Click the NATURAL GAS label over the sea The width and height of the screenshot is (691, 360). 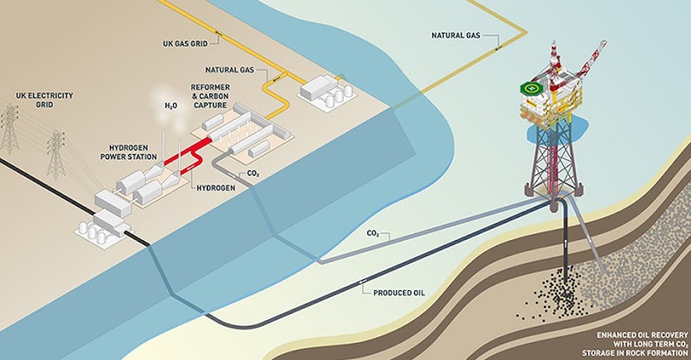pos(455,35)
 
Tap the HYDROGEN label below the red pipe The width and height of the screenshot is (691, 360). pos(216,188)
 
